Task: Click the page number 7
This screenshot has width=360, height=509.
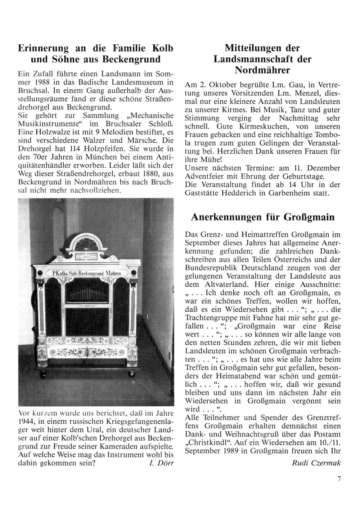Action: [339, 478]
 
